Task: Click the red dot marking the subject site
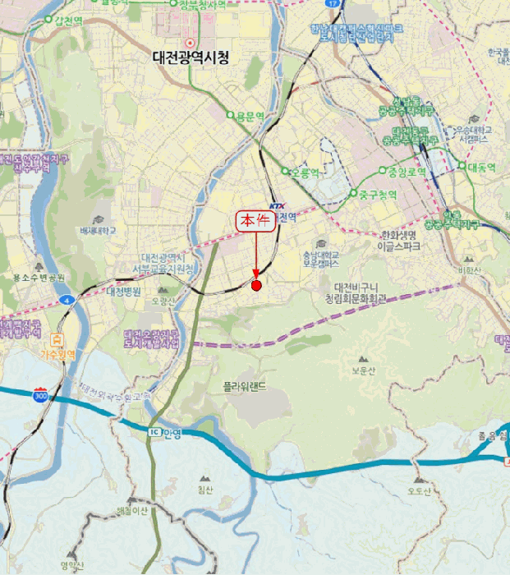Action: (256, 286)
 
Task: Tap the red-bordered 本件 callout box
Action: (255, 221)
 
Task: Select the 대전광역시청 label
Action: (191, 57)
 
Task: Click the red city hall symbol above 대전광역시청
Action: (191, 42)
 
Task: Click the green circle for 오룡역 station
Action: (286, 172)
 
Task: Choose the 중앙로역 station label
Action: (407, 172)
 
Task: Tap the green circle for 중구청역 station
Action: (354, 195)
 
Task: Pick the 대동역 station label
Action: (482, 168)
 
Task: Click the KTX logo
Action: (276, 206)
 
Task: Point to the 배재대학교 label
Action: (100, 232)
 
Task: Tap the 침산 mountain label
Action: (204, 490)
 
